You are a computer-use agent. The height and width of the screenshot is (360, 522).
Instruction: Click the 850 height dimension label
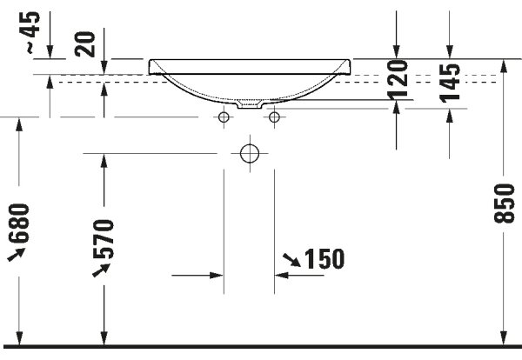click(504, 203)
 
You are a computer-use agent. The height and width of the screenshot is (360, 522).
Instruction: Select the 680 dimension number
click(19, 223)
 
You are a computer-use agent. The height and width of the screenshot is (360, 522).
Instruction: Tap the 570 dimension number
click(104, 239)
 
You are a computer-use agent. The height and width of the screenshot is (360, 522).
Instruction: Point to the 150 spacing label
click(325, 258)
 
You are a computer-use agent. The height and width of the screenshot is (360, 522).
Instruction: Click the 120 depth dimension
click(398, 79)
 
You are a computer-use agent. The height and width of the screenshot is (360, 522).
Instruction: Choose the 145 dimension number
click(450, 83)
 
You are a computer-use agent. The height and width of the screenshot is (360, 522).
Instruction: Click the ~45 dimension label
click(33, 32)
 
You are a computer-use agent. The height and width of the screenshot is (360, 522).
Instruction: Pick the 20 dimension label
click(85, 44)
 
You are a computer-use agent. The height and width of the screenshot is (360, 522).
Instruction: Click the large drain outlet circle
click(250, 153)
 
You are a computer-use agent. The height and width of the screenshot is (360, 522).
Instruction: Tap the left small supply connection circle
click(224, 117)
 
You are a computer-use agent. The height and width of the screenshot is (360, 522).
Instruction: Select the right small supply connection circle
click(274, 117)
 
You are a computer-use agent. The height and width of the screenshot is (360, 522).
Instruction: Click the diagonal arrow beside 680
click(17, 255)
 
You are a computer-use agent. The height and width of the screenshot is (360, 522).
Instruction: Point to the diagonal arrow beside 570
click(101, 270)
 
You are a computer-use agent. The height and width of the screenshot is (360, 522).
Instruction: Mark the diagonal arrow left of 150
click(291, 260)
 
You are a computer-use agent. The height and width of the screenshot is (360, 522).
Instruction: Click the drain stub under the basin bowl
click(250, 104)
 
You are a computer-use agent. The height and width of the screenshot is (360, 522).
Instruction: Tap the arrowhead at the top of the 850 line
click(504, 66)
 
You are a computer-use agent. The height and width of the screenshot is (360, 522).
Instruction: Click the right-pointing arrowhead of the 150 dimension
click(217, 276)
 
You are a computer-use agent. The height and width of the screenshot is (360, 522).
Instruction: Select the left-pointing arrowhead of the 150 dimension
click(282, 276)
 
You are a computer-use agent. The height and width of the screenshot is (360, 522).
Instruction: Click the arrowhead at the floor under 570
click(104, 338)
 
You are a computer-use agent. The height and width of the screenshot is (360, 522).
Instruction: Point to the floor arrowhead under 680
click(19, 338)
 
